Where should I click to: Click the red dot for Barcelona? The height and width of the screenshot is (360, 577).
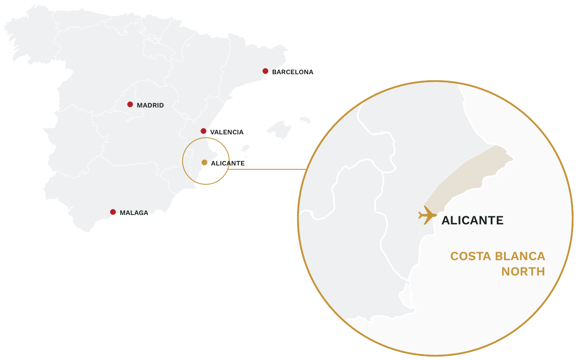click(265, 71)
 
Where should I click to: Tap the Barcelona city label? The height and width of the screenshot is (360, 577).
click(293, 72)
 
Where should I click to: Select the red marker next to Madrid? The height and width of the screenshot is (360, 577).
click(130, 105)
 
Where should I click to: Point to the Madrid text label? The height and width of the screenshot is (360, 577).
click(150, 105)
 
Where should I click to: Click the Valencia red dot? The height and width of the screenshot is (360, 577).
click(204, 131)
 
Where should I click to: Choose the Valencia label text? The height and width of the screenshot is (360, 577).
click(227, 132)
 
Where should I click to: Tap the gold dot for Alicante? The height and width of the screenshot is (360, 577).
click(204, 163)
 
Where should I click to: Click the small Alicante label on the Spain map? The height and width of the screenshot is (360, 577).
click(227, 163)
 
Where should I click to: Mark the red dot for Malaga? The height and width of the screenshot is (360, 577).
click(113, 212)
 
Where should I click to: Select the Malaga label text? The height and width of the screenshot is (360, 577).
click(134, 213)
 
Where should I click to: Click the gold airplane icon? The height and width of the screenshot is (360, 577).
click(427, 215)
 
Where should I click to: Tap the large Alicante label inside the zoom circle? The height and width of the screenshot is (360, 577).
click(472, 221)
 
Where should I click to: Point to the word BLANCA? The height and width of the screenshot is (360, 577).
click(520, 256)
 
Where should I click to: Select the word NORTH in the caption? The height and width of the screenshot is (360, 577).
click(523, 272)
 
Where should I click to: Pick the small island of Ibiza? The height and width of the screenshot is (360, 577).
click(245, 148)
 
